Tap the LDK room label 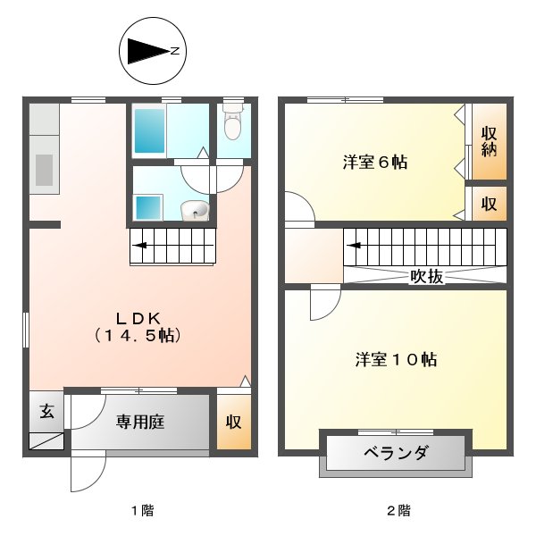click(138, 317)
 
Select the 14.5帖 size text click(138, 337)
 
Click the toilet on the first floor click(233, 125)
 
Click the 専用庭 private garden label click(139, 423)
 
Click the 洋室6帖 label click(375, 163)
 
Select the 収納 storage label click(489, 141)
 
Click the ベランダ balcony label click(396, 454)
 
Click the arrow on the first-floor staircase click(140, 242)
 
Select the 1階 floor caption click(143, 511)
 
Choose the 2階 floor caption click(398, 511)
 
